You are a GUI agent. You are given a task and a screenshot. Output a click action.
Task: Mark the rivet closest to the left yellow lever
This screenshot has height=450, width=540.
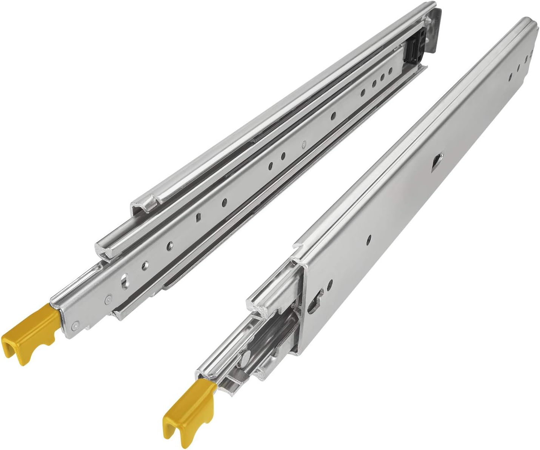pos(77,324)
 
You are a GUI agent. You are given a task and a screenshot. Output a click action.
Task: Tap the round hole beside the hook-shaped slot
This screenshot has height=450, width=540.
pos(330,283)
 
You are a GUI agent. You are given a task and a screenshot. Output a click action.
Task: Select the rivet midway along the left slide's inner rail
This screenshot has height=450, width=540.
pos(304,143)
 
